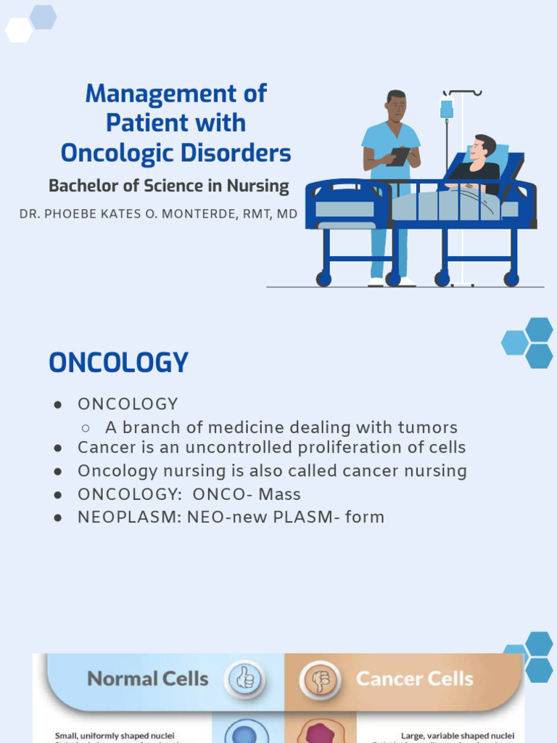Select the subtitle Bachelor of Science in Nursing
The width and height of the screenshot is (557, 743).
[168, 186]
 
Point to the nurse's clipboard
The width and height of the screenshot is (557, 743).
[398, 156]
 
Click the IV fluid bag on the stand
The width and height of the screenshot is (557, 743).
[447, 109]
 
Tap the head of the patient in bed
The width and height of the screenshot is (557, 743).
[482, 148]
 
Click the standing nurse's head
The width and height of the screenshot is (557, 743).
[395, 107]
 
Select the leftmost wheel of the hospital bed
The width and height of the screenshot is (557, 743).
[323, 279]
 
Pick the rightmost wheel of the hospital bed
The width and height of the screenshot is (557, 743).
[511, 279]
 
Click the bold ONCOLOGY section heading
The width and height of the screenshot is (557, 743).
[118, 363]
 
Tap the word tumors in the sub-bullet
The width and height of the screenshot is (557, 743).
[428, 427]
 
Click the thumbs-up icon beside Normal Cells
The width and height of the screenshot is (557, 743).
[245, 680]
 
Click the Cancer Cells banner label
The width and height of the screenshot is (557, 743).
[414, 679]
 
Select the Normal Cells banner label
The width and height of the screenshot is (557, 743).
[147, 679]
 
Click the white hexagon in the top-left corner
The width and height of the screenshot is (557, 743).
[18, 30]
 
